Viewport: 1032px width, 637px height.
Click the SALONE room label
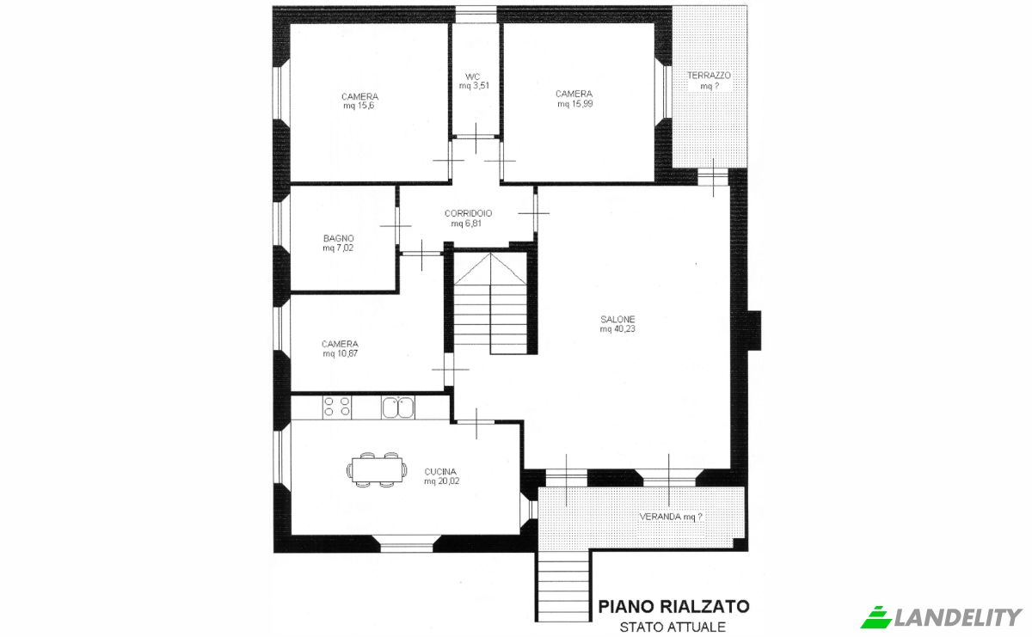click(x=617, y=324)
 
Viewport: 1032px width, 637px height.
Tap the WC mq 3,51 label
click(x=473, y=81)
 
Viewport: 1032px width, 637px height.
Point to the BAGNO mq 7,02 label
click(x=338, y=243)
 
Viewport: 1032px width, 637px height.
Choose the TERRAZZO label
click(x=709, y=81)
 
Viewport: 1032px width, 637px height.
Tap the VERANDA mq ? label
click(x=671, y=518)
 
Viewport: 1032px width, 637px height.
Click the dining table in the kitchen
click(x=377, y=469)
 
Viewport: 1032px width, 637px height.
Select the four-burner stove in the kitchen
click(x=335, y=407)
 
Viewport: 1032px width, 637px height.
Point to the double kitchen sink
click(x=397, y=407)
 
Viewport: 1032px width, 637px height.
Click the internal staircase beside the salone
click(x=491, y=304)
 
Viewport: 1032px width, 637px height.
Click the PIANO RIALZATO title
click(x=673, y=607)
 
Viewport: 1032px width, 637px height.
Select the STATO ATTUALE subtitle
click(x=673, y=627)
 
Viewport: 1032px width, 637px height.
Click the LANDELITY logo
click(x=943, y=616)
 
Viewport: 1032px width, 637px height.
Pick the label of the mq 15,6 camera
click(x=359, y=101)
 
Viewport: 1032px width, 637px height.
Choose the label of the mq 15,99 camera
click(x=574, y=99)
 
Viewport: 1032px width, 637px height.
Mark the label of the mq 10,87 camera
click(x=340, y=348)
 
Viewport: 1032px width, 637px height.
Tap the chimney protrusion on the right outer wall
click(x=754, y=330)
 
